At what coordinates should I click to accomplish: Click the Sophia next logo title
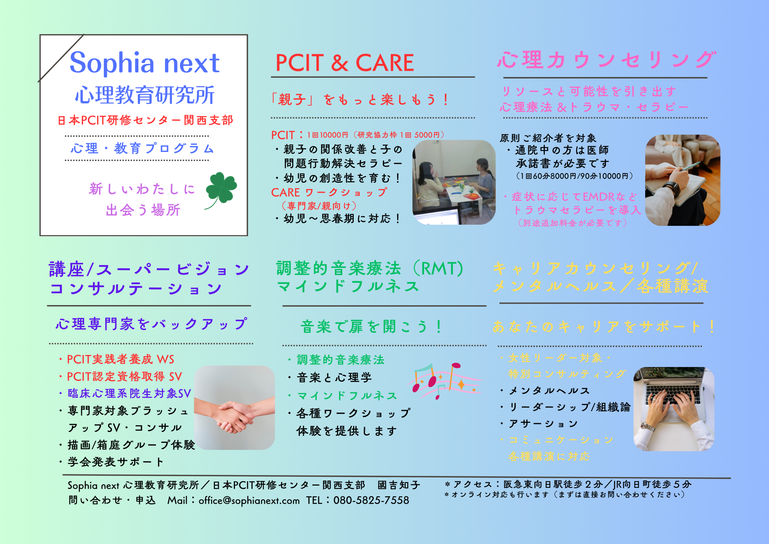click(145, 62)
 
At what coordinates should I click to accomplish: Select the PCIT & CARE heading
click(345, 63)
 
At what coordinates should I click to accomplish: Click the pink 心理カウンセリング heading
click(607, 60)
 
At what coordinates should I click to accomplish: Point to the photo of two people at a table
click(454, 182)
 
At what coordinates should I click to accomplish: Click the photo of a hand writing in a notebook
click(682, 180)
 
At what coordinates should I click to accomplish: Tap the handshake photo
click(235, 407)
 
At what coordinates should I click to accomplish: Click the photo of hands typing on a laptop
click(674, 409)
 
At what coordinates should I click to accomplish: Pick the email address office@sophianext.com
click(249, 501)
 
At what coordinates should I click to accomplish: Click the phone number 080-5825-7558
click(371, 500)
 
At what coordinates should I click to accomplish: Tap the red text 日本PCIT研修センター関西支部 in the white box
click(145, 120)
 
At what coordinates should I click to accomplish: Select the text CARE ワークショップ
click(329, 192)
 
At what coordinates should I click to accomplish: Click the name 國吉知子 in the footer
click(399, 485)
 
